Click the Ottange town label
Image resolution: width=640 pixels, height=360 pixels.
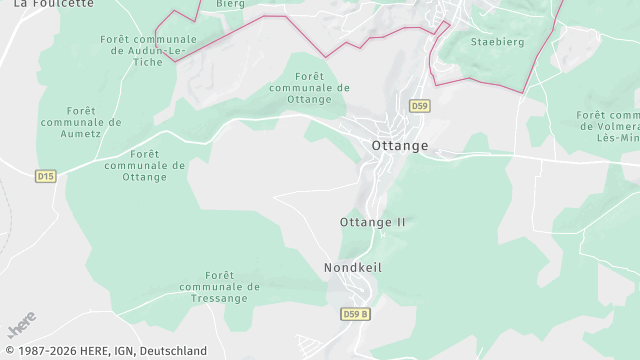click(x=399, y=146)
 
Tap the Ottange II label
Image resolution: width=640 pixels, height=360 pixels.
click(x=373, y=222)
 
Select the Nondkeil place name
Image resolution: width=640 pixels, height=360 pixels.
click(x=353, y=268)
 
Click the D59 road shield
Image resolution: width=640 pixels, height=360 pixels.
click(x=419, y=106)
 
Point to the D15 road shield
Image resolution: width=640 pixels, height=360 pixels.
click(x=45, y=176)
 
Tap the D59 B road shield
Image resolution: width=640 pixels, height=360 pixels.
click(x=355, y=314)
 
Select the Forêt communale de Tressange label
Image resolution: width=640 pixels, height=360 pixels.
click(x=219, y=287)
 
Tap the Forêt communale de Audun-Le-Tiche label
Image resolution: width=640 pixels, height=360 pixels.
click(x=148, y=50)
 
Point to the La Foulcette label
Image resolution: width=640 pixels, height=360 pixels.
click(x=54, y=4)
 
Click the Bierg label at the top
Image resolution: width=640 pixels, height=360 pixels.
click(x=230, y=4)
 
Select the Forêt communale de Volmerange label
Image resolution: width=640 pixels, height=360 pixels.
click(x=607, y=127)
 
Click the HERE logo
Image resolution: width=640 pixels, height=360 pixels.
click(x=21, y=325)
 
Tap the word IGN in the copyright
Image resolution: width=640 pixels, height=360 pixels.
click(x=118, y=351)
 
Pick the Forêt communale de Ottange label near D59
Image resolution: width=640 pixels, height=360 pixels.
click(x=309, y=87)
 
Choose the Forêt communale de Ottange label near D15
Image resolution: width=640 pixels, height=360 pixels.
click(x=145, y=165)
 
